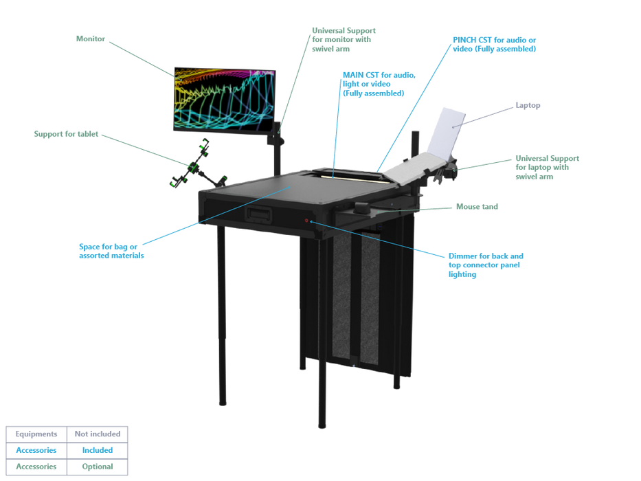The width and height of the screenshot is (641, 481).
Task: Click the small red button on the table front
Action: pos(306,221)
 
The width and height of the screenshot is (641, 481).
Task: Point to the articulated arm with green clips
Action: pos(194,167)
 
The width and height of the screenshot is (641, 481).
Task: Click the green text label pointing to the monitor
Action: pos(91,39)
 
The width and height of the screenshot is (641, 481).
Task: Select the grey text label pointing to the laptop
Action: pos(528,106)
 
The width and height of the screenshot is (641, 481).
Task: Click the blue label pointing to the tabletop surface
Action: pos(111,249)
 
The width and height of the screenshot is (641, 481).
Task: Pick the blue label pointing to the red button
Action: pos(486,264)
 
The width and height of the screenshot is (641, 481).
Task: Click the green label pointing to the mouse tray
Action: pos(476,206)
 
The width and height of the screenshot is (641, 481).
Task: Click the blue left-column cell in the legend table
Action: pos(36,450)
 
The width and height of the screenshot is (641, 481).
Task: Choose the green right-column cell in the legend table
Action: pos(98,465)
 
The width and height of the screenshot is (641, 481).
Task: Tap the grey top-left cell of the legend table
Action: pos(36,434)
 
